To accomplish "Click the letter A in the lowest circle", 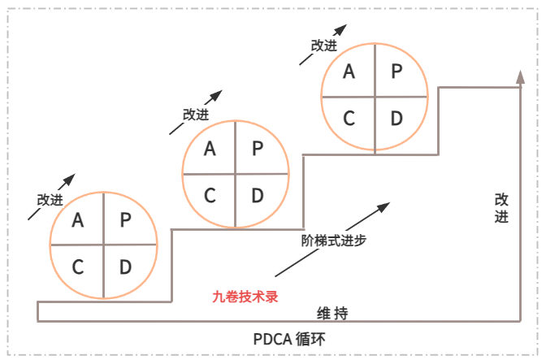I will pos(78,219).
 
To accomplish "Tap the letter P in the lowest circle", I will pos(125,219).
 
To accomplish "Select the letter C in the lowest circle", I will pos(78,267).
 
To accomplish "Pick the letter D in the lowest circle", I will pos(125,267).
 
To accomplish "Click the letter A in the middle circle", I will pos(210,148).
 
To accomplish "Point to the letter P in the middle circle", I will pos(257,148).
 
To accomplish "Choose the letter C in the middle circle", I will pos(210,195).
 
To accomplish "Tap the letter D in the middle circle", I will pos(257,195).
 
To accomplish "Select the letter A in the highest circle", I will pos(349,71).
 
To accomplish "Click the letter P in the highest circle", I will pos(396,71).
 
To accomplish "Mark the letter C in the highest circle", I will pos(349,118).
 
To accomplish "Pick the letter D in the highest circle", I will pos(396,118).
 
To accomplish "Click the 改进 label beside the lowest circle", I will pos(50,200).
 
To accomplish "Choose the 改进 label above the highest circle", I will pos(323,46).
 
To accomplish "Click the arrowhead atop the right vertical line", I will pos(520,76).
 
